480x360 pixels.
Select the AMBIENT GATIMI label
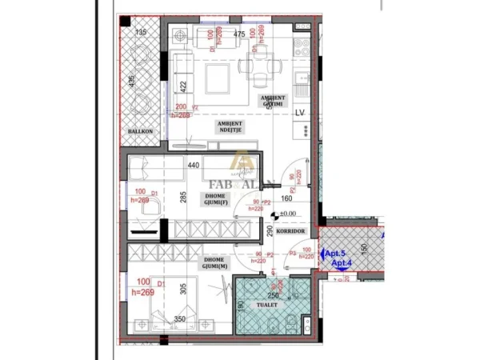[x=272, y=101]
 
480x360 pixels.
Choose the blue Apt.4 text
[x=342, y=263]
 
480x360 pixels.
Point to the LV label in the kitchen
[x=301, y=112]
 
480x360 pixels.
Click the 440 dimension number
[x=193, y=166]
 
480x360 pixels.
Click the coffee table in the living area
[x=218, y=78]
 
